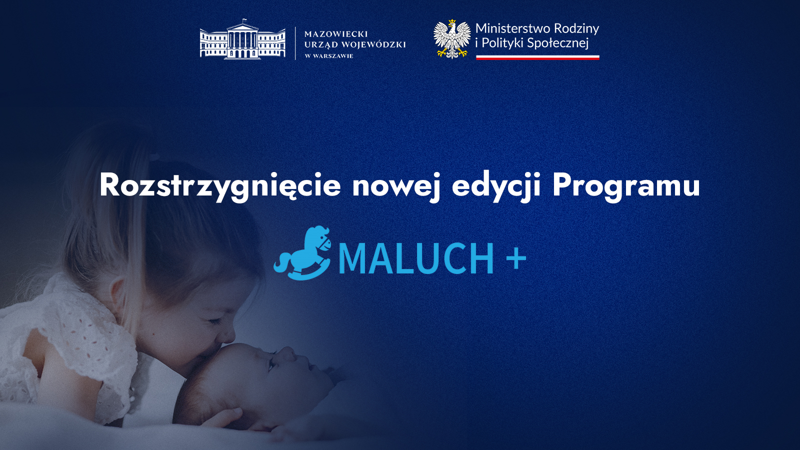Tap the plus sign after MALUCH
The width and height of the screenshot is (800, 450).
click(516, 258)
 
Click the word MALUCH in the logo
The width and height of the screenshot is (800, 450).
click(415, 258)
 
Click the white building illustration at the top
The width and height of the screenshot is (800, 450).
click(242, 39)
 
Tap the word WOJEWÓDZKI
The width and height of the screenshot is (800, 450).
click(374, 44)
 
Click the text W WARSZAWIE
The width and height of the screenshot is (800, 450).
click(329, 56)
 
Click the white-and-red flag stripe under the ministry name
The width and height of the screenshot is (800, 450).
click(537, 57)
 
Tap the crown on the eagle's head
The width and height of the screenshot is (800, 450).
click(452, 21)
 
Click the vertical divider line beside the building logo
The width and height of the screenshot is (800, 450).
click(295, 43)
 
